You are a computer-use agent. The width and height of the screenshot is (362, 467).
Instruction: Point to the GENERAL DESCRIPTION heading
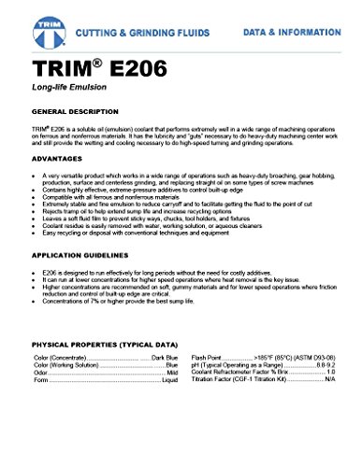pyautogui.click(x=78, y=110)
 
